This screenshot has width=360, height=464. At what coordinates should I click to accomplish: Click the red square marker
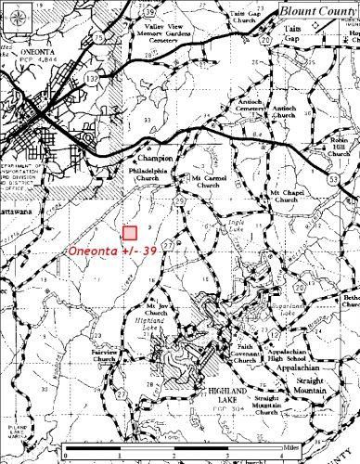coord(129,234)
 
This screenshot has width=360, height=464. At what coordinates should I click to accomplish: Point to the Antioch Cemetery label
coord(227,109)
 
